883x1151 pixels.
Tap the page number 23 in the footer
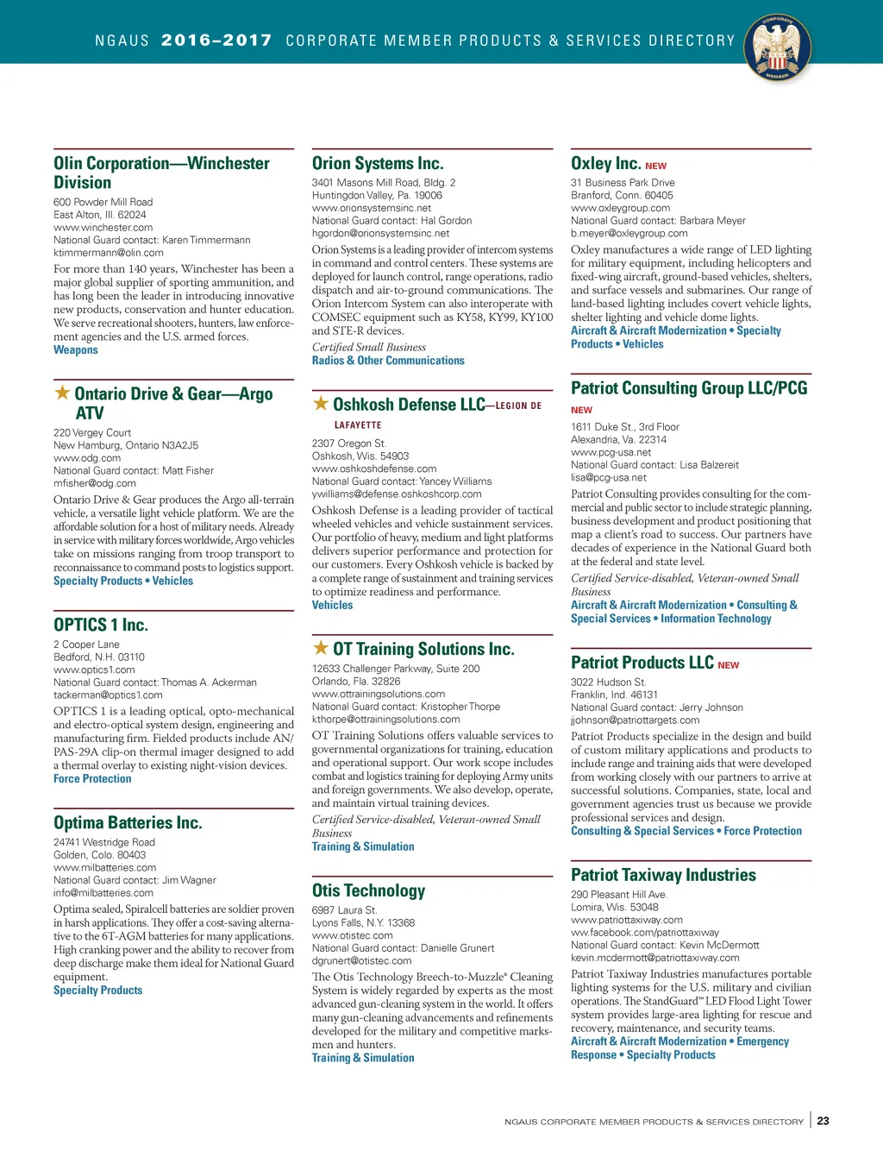point(823,1121)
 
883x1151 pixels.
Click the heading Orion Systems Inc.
point(378,163)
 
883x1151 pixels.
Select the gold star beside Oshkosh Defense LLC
point(321,403)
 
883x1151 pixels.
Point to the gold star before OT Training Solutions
point(321,648)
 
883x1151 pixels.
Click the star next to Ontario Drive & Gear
point(62,393)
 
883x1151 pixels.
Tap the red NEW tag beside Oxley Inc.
point(655,166)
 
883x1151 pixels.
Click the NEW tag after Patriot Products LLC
point(728,665)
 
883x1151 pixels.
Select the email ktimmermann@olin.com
point(109,253)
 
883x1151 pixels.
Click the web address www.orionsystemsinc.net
point(371,208)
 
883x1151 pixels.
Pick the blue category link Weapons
point(76,349)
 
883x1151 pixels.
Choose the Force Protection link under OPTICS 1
point(92,778)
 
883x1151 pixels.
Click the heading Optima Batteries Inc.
point(128,822)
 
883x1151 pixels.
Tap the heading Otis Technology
point(368,890)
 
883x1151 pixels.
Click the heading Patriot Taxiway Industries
point(663,875)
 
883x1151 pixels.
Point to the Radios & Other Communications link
point(388,361)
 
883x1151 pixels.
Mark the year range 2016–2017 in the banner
point(216,41)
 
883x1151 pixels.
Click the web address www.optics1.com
point(94,670)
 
